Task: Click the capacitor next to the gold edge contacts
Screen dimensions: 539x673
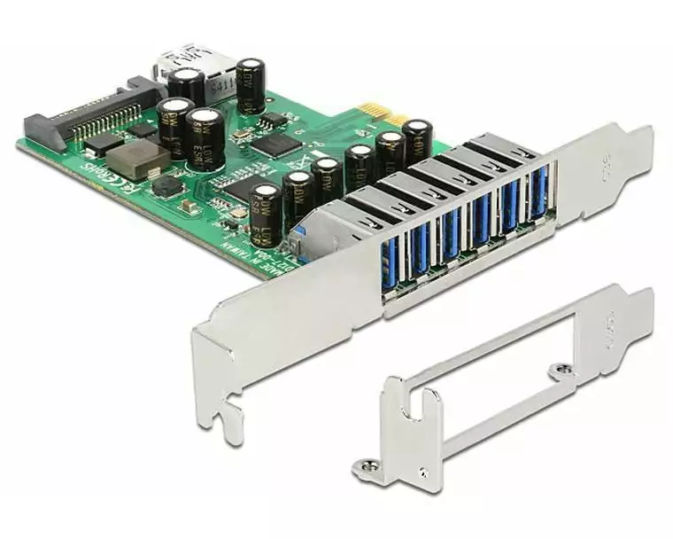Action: [x=417, y=140]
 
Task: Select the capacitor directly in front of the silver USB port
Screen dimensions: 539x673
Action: [x=187, y=87]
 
